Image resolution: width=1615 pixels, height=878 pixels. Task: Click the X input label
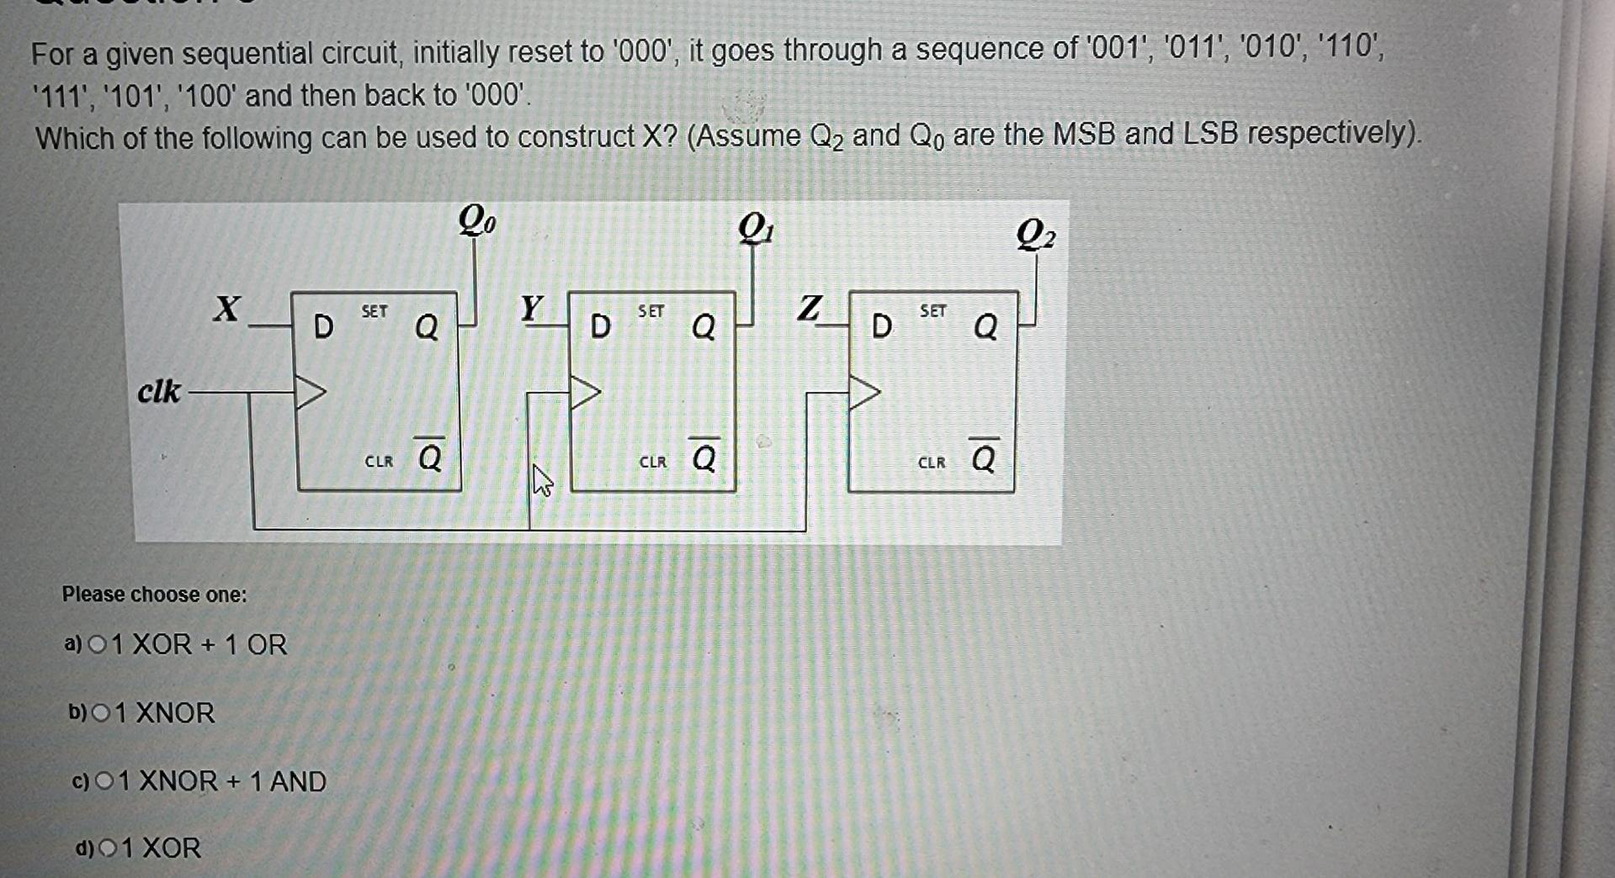click(226, 309)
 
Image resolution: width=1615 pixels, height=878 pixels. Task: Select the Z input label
click(808, 308)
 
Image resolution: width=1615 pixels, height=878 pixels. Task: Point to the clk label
click(158, 391)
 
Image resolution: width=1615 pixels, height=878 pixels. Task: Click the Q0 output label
click(476, 220)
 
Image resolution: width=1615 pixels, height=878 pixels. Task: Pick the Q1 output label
click(756, 228)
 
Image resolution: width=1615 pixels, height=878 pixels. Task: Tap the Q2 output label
click(1035, 235)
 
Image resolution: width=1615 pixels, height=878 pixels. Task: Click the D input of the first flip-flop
click(322, 326)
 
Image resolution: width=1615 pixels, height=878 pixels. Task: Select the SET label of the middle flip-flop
click(651, 311)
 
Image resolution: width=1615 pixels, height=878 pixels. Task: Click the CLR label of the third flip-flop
click(932, 463)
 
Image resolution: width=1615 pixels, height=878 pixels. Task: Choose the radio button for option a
click(98, 645)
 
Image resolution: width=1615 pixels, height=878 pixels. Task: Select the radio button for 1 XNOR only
click(100, 713)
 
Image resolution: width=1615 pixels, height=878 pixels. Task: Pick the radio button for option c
click(104, 782)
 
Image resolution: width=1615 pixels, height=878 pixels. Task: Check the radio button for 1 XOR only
click(108, 849)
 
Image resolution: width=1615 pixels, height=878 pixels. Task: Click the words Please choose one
click(154, 595)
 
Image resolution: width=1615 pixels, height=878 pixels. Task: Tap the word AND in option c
click(297, 781)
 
